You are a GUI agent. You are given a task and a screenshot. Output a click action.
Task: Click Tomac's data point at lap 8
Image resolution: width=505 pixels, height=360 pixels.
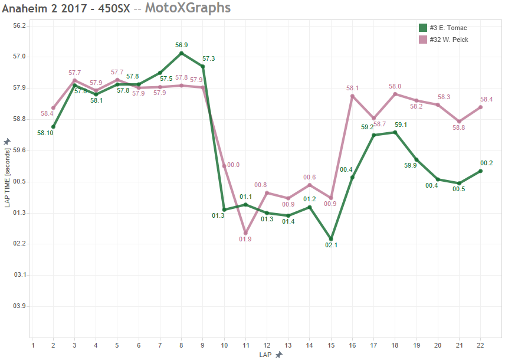point(181,53)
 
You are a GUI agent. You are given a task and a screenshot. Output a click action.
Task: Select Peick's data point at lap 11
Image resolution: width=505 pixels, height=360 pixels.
point(245,233)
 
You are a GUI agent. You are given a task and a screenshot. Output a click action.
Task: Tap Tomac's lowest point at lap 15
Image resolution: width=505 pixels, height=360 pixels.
point(331,239)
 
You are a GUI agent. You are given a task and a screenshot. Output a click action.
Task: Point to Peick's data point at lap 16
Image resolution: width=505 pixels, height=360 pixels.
point(352,96)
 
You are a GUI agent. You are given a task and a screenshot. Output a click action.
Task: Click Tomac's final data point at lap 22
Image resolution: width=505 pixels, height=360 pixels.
point(481,171)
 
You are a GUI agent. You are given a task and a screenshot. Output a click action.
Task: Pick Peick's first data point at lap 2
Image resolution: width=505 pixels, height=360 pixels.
point(53,108)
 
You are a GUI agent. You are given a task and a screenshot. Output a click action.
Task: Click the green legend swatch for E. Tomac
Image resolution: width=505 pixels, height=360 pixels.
point(422,28)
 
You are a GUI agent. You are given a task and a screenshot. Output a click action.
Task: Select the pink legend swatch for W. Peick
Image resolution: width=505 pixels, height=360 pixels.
point(422,40)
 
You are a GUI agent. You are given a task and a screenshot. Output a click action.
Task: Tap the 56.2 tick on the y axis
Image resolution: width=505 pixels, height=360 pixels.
point(20,26)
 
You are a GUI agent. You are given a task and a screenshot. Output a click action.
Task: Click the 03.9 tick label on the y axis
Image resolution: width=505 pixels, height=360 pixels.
point(20,306)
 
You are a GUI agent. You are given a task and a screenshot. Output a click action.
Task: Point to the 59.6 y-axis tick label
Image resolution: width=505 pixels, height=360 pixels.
point(20,150)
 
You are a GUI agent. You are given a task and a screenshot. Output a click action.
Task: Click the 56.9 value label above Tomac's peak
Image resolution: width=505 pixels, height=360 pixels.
point(181,45)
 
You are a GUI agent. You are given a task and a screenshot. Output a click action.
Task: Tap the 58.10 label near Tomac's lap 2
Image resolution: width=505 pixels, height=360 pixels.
point(45,133)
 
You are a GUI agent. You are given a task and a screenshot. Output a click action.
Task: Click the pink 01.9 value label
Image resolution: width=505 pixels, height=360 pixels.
point(245,239)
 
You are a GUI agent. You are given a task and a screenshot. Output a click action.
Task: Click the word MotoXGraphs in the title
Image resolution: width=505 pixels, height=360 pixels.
point(188,8)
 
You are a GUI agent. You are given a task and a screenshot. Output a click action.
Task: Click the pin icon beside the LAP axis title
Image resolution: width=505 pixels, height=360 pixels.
point(278,355)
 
